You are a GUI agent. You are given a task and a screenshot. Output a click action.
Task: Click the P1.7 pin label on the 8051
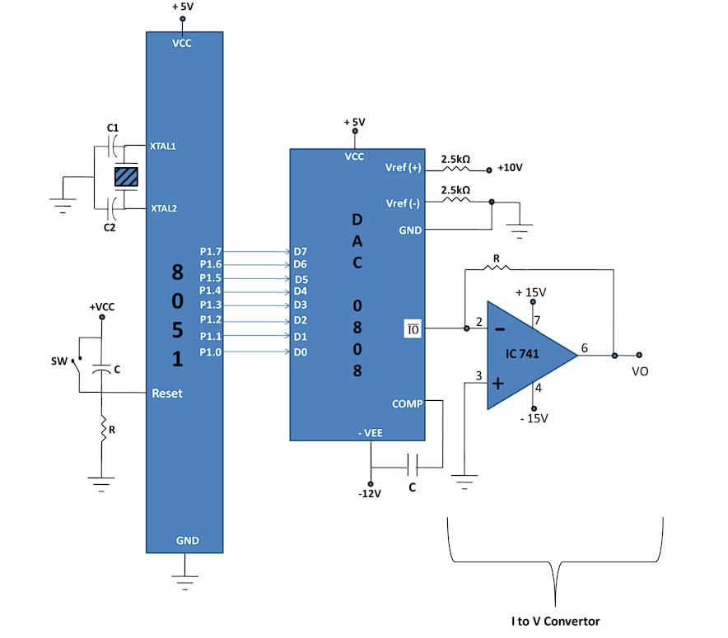pos(211,250)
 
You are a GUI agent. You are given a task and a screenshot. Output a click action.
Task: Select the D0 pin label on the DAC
pos(300,352)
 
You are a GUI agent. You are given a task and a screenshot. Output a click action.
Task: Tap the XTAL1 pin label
pos(163,147)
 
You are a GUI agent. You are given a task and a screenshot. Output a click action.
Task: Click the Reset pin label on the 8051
pos(167,394)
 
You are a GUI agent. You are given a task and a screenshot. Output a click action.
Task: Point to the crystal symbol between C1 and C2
pos(127,176)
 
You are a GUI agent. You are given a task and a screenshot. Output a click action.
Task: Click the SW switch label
pos(58,361)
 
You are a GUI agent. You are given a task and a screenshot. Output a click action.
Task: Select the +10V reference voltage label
pos(510,167)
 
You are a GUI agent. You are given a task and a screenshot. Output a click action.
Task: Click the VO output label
pos(640,371)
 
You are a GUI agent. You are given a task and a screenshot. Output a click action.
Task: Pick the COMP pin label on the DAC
pos(407,403)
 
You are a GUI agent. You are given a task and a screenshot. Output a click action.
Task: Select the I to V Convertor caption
pos(556,621)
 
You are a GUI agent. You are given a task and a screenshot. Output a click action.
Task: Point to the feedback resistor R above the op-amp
pos(496,267)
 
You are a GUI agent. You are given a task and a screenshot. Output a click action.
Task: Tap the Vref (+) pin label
pos(403,167)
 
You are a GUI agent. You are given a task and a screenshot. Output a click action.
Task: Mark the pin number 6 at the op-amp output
pos(584,348)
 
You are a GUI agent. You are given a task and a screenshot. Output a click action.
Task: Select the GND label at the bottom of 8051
pos(187,541)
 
